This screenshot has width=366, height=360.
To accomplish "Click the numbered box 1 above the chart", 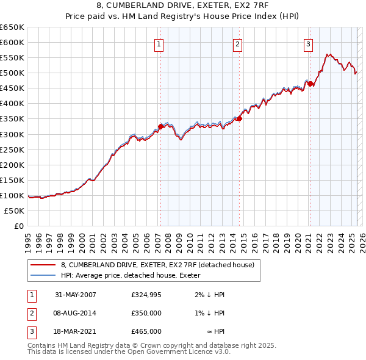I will [159, 43].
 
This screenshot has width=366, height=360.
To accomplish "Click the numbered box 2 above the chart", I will [237, 43].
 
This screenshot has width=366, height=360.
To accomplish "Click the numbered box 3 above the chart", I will [308, 43].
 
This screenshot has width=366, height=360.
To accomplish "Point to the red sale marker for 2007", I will [161, 126].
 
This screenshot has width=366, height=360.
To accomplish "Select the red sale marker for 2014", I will [239, 119].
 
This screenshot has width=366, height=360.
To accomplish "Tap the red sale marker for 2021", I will [310, 84].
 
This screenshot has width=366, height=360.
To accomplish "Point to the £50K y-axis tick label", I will [14, 211].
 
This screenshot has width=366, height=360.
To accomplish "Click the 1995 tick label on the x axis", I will [28, 239].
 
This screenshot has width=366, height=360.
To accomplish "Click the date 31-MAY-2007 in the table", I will [76, 295].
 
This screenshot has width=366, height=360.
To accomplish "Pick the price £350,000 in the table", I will [146, 313].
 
